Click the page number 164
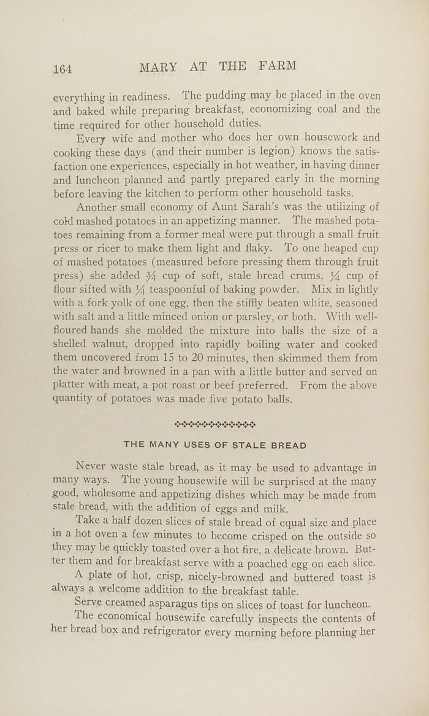point(63,69)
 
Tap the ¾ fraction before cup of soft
point(136,275)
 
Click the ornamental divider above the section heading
point(214,424)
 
